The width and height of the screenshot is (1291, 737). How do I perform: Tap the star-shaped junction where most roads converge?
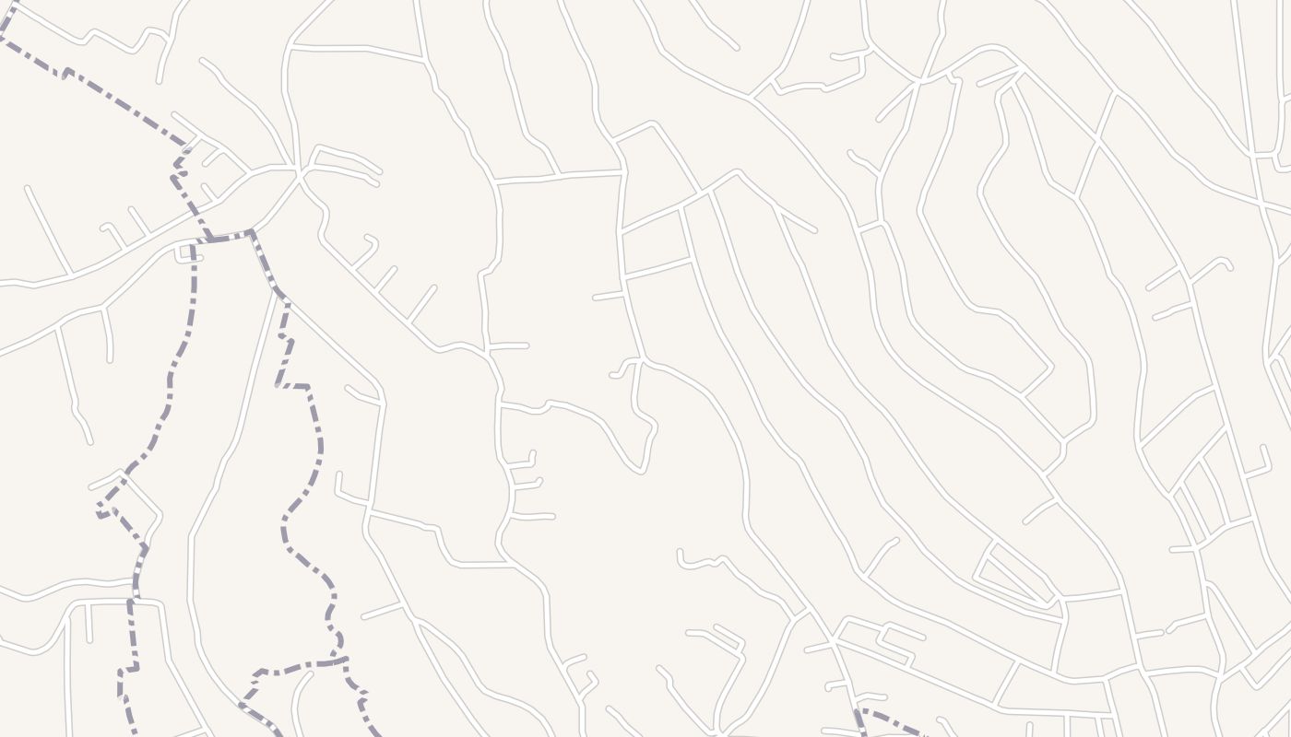[x=297, y=170]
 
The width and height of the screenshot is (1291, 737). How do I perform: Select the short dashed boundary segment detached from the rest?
[x=890, y=721]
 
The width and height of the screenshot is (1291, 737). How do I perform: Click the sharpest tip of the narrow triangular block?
[x=1050, y=603]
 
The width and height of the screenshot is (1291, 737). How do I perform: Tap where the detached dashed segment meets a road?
[x=859, y=711]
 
